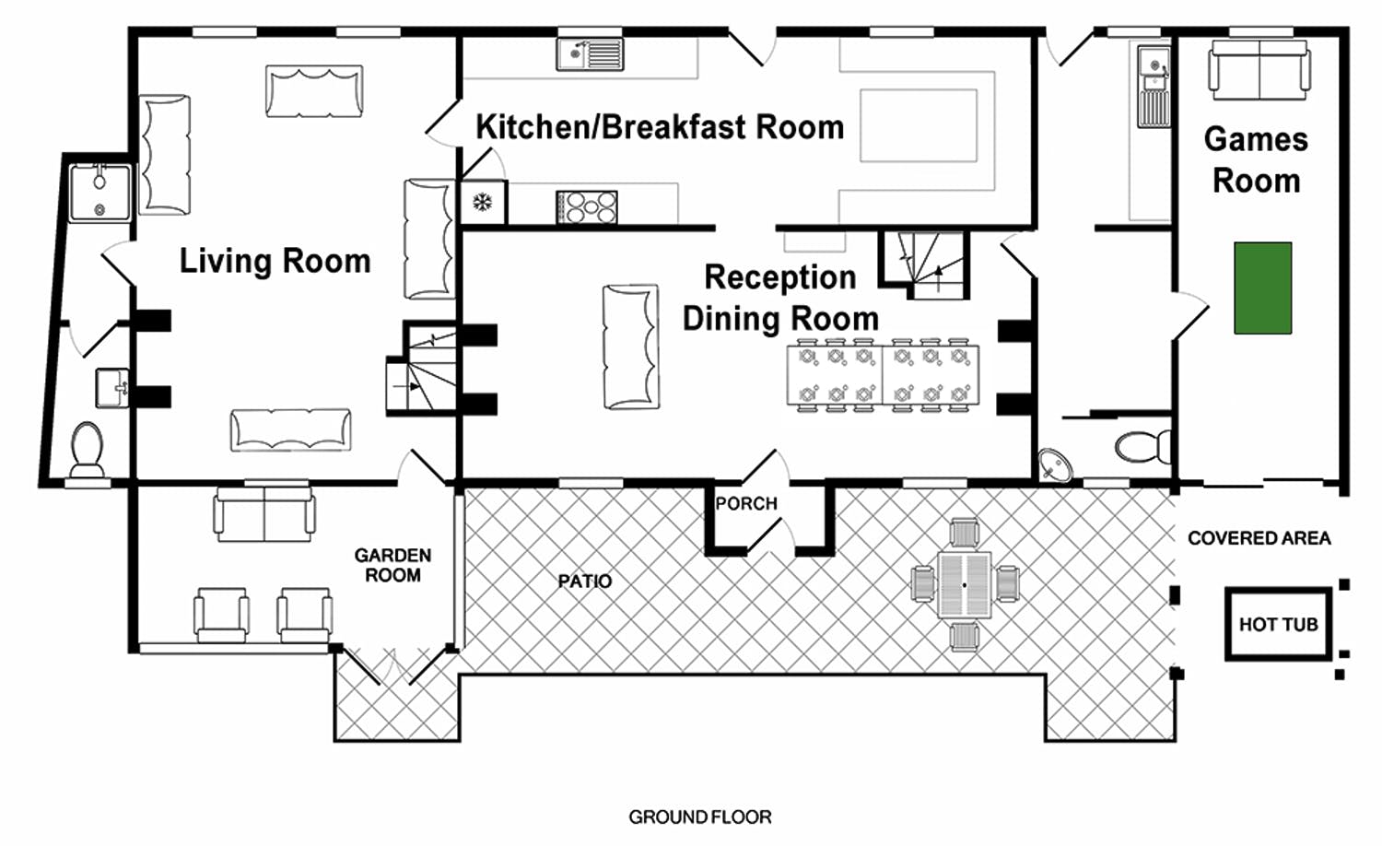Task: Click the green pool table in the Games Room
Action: click(1262, 288)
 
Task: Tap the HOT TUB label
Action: click(1279, 625)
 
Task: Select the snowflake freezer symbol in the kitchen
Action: click(482, 202)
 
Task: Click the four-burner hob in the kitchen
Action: click(587, 207)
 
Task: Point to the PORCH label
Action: click(746, 503)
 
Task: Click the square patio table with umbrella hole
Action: click(965, 585)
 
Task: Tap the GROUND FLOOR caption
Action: click(699, 817)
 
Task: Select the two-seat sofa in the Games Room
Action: click(1259, 70)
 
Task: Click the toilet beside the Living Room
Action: click(87, 449)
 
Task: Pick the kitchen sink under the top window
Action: click(590, 53)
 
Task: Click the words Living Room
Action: click(275, 261)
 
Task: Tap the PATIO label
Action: click(584, 581)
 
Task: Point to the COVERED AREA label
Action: click(1259, 538)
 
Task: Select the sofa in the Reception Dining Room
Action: click(630, 347)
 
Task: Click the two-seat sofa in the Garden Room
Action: click(264, 514)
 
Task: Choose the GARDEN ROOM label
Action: click(392, 565)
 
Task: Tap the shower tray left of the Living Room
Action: click(100, 194)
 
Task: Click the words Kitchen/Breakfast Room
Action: click(660, 127)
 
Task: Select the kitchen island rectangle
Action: click(919, 125)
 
